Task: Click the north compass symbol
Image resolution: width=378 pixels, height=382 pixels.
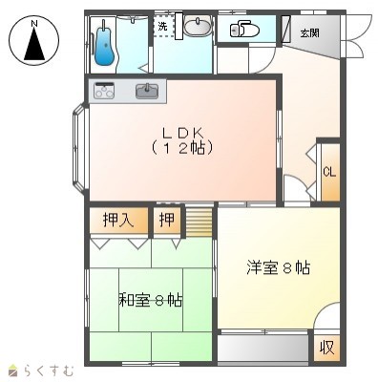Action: tap(34, 40)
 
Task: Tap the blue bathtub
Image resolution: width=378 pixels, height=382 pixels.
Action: tap(104, 46)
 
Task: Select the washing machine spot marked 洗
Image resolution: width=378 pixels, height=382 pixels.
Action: tap(162, 26)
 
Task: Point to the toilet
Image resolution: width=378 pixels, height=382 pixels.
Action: tap(244, 30)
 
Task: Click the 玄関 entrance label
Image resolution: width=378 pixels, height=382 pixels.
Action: tap(310, 32)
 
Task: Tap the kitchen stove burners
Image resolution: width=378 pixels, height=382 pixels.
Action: tap(104, 91)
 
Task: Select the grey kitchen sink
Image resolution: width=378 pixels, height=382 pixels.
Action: tap(147, 91)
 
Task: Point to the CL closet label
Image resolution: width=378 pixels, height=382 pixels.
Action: tap(329, 172)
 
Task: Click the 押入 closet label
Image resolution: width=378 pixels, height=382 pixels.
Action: tap(118, 220)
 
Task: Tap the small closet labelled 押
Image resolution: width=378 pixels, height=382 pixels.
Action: tap(167, 220)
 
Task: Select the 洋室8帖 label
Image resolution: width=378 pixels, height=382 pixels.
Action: tap(279, 267)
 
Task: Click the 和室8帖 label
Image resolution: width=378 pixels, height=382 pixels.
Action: tap(151, 300)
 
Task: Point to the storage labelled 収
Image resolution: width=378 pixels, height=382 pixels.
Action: tap(327, 348)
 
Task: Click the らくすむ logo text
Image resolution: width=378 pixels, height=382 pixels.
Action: tap(49, 371)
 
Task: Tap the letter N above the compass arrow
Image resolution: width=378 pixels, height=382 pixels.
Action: tap(34, 24)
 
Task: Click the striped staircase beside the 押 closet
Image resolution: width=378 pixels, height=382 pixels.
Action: tap(199, 222)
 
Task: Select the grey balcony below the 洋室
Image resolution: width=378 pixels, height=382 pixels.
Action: tap(262, 348)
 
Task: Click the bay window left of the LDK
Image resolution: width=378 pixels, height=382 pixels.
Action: tap(78, 148)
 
